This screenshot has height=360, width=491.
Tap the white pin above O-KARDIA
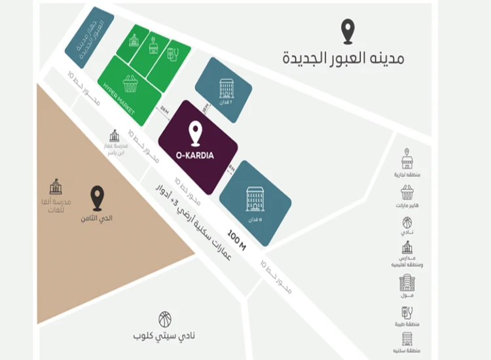point(195,134)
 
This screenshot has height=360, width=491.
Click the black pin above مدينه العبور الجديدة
point(348,31)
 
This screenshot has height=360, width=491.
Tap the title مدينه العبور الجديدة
point(343,58)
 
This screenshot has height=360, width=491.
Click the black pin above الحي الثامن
point(98,198)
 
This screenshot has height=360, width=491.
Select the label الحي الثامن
point(98,217)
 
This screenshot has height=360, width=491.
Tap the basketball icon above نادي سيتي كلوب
point(165,319)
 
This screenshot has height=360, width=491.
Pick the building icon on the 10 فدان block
point(254,197)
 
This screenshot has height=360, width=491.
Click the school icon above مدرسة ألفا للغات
point(56,187)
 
